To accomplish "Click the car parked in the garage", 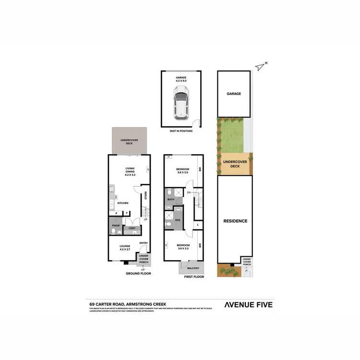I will (181, 106).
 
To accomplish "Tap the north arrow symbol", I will (261, 66).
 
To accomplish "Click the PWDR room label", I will (116, 225).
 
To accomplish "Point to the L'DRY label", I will (132, 228).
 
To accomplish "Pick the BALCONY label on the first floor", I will (192, 269).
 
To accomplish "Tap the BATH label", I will (170, 199).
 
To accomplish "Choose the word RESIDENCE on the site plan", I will (235, 221).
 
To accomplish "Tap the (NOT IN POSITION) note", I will (181, 131).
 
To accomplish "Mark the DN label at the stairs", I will (189, 192).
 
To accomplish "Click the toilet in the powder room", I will (113, 232).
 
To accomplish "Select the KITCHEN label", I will (123, 204).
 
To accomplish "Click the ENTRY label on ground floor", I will (144, 243).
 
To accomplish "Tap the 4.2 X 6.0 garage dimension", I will (181, 81).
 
